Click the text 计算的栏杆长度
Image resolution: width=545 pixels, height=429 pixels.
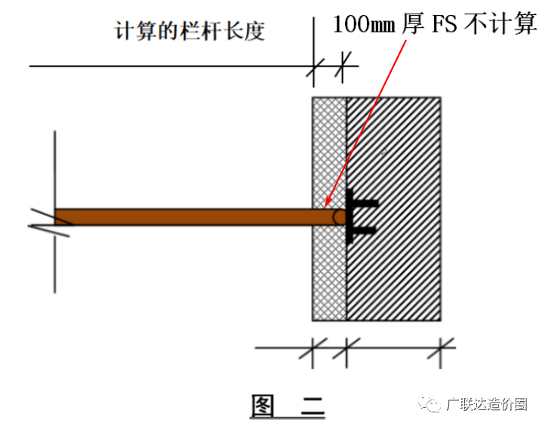point(189,31)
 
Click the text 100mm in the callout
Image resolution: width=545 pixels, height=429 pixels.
point(364,25)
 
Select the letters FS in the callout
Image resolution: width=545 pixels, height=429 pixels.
point(444,25)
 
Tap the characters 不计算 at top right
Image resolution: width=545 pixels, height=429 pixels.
point(500,24)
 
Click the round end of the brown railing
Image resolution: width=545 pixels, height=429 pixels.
point(340,218)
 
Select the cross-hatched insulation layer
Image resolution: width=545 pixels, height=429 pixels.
point(329,209)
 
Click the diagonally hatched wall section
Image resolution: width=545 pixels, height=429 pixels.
point(394,209)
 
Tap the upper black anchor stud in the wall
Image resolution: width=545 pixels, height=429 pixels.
point(365,203)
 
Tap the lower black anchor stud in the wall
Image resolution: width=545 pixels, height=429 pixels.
point(365,230)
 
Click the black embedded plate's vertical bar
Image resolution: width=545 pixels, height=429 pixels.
point(349,216)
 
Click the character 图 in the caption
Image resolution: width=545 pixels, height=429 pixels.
point(262,406)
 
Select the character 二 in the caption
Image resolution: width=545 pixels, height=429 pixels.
point(313,406)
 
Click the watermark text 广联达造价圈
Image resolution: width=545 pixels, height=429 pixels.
point(487,404)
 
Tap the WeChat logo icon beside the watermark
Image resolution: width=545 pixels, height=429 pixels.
point(430,403)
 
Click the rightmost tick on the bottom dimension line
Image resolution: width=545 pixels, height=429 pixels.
point(441,347)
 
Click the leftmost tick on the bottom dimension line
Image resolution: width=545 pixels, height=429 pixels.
point(313,347)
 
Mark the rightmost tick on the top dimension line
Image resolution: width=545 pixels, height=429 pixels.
point(343,66)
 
